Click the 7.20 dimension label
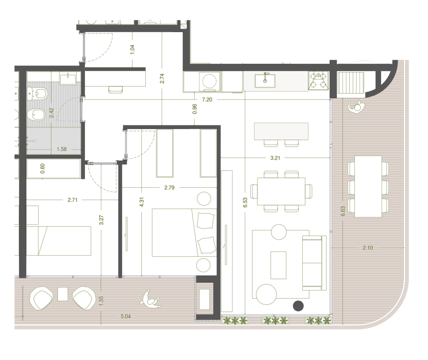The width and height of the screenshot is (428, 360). tap(207, 100)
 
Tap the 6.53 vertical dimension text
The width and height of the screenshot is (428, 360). tap(245, 202)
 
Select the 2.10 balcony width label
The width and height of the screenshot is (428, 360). tap(368, 248)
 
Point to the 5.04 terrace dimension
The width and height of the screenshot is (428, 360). tap(125, 316)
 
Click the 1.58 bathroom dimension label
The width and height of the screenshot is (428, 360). tap(62, 149)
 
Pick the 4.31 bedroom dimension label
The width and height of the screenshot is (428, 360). tap(141, 202)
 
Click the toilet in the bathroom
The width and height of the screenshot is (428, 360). tap(37, 94)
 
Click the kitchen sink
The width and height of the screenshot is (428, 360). tap(265, 81)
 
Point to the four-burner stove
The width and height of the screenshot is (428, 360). tap(318, 81)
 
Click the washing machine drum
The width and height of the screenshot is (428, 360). tap(210, 81)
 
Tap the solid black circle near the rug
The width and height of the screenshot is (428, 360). tap(298, 306)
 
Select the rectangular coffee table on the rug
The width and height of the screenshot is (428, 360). tap(278, 265)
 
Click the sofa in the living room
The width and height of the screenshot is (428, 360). tap(314, 263)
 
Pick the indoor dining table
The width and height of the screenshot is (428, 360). tap(281, 191)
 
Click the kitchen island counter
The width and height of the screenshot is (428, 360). tap(281, 131)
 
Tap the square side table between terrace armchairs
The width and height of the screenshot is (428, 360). tap(63, 294)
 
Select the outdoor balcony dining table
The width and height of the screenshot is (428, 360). tap(368, 186)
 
